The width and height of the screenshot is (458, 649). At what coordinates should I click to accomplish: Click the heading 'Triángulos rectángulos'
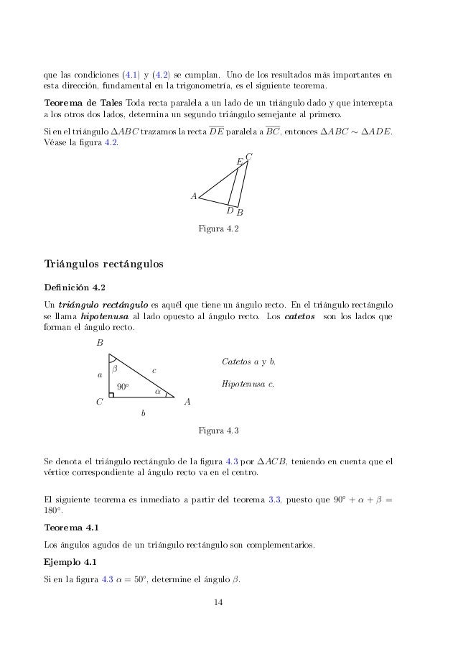tap(104, 264)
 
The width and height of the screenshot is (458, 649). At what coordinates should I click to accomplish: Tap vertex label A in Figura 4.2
tap(193, 195)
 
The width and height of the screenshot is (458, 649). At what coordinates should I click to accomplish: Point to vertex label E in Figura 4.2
tap(240, 162)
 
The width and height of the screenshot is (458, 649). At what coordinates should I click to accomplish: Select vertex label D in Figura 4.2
tap(230, 211)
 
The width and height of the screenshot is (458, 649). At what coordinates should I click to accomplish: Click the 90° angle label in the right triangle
tap(123, 387)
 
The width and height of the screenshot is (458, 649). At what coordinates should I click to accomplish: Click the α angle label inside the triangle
tap(158, 392)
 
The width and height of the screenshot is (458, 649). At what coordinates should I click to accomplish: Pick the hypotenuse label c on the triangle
tap(154, 370)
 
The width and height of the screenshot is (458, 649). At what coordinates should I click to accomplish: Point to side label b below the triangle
tap(141, 413)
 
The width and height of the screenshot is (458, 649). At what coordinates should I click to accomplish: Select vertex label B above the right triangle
tap(101, 343)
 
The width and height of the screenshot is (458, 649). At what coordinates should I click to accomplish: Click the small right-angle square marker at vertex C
tap(111, 395)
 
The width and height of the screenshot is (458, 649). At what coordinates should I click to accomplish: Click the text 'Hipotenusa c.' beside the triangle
tap(249, 385)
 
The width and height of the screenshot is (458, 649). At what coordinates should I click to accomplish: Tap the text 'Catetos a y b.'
tap(250, 360)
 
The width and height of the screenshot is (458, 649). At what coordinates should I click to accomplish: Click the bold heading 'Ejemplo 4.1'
tap(70, 561)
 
